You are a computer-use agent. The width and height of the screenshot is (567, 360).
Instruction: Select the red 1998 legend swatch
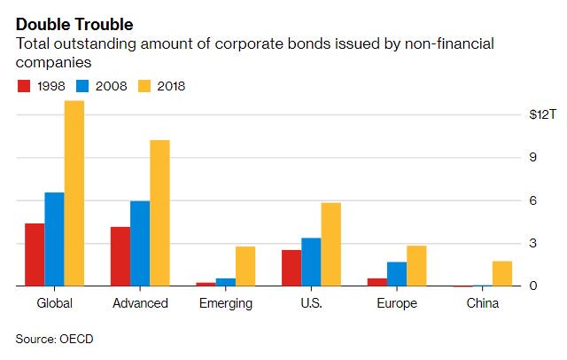tap(24, 86)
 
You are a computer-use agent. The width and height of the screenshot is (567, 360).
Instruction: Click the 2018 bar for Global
tap(74, 193)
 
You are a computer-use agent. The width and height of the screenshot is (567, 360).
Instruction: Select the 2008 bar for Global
tap(55, 239)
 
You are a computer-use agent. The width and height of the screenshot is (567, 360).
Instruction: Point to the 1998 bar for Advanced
tap(120, 256)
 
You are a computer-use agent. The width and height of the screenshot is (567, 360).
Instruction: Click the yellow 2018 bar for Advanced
tap(159, 213)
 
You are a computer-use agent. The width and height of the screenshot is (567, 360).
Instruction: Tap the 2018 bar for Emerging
tap(245, 266)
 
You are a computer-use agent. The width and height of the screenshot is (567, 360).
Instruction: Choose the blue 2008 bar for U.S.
tap(311, 262)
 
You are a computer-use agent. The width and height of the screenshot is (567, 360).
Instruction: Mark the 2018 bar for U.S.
tap(330, 244)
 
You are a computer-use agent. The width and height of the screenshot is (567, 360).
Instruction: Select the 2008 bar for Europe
tap(397, 274)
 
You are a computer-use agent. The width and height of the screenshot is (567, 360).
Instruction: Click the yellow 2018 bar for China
tap(501, 273)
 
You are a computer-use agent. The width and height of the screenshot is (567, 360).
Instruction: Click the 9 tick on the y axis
tap(533, 158)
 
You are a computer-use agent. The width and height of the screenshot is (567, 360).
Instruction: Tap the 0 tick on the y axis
tap(533, 286)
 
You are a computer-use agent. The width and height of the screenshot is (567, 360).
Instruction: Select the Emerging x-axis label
tap(226, 303)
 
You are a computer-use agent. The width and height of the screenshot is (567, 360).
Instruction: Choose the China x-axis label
tap(483, 303)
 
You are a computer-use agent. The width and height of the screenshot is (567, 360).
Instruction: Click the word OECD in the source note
tap(77, 340)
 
